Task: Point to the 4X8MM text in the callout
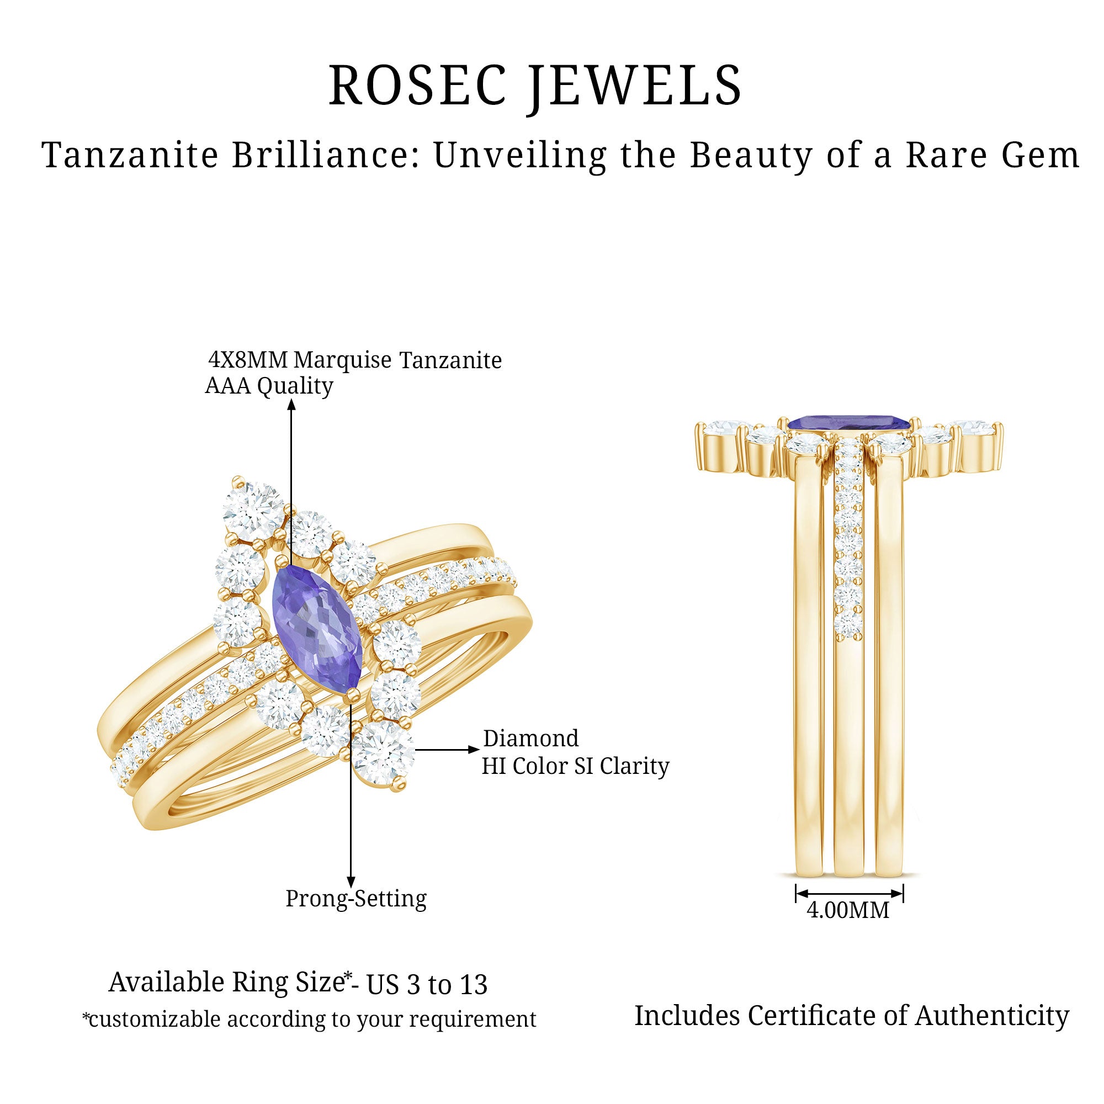[x=248, y=360]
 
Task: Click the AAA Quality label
[x=269, y=386]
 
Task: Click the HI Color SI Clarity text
[x=575, y=766]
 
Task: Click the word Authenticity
[x=992, y=1016]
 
